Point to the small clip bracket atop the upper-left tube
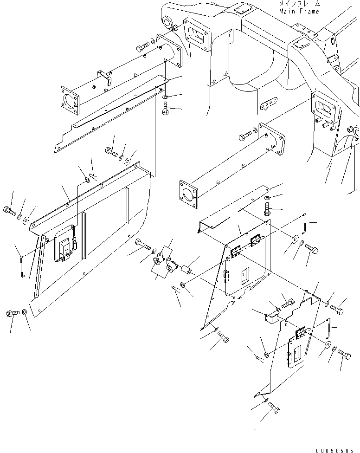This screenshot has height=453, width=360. tap(103, 77)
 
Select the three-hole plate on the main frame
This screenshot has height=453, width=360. tap(268, 106)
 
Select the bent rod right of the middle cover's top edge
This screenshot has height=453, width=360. tap(304, 223)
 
